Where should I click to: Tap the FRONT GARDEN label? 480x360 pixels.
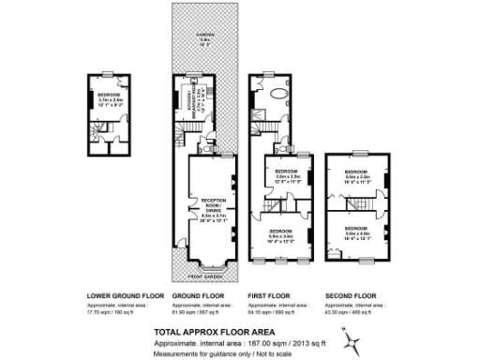pyautogui.click(x=205, y=277)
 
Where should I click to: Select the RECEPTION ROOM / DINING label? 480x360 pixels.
pyautogui.click(x=209, y=203)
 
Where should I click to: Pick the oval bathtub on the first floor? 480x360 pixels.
pyautogui.click(x=279, y=96)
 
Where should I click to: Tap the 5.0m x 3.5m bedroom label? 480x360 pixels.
pyautogui.click(x=357, y=174)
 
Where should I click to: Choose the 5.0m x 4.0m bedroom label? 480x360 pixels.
pyautogui.click(x=357, y=231)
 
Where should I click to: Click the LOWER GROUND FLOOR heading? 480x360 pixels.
pyautogui.click(x=125, y=295)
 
